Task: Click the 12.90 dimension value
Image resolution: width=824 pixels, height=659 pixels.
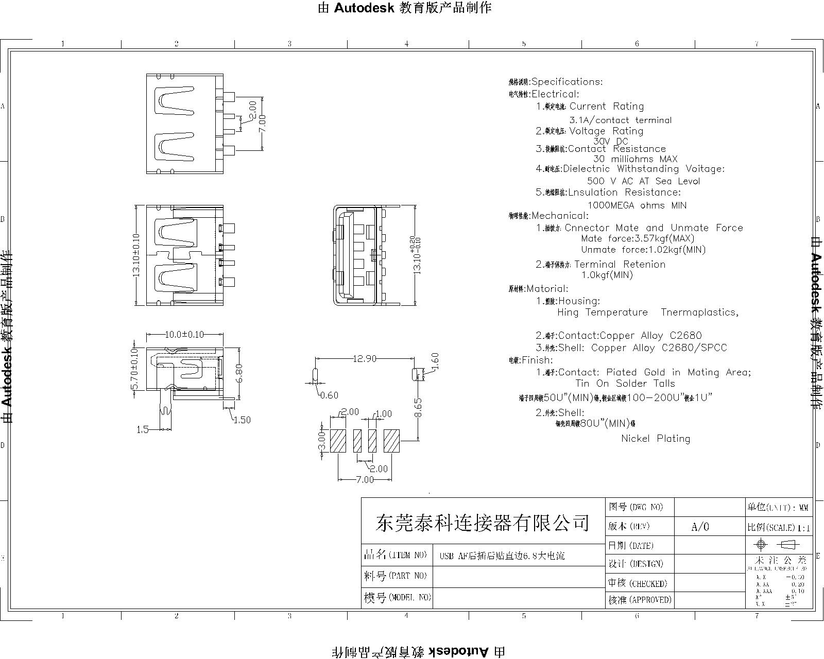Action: click(364, 359)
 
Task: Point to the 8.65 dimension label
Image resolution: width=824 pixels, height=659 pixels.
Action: click(418, 407)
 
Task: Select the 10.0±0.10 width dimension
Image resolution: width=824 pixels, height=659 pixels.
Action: click(184, 335)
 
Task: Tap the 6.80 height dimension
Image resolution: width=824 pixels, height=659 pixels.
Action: click(238, 373)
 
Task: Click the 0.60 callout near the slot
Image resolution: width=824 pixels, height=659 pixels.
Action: click(329, 395)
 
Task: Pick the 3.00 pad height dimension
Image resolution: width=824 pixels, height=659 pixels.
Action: click(321, 441)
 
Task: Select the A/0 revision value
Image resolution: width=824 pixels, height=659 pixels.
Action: click(700, 527)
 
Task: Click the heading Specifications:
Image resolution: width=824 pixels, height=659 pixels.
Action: click(566, 82)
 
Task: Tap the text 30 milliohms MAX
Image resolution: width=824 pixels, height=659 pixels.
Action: click(635, 159)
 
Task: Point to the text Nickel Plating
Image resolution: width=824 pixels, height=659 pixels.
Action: click(655, 439)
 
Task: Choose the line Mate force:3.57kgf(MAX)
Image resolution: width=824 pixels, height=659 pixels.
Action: click(637, 238)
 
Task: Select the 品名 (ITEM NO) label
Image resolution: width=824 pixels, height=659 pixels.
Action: click(396, 555)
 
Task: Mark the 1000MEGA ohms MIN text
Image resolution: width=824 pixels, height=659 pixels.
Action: click(637, 205)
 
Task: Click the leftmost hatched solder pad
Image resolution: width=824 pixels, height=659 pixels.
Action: click(338, 441)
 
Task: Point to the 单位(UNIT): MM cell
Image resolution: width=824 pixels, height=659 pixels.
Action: click(778, 507)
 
